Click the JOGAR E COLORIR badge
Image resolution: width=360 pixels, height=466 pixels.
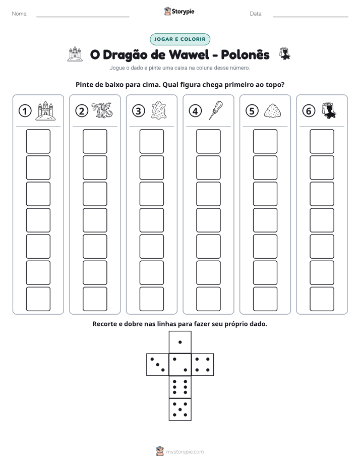coord(179,39)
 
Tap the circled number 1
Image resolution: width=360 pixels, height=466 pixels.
coord(25,111)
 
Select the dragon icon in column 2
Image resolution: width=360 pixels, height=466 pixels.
coord(102,110)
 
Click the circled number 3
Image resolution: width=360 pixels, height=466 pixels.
coord(139,111)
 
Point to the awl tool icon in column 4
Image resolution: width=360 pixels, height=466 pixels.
coord(216,110)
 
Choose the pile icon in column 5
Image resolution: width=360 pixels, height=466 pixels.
coord(272,110)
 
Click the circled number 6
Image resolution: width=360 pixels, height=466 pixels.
coord(309,111)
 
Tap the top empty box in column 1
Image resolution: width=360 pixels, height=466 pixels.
coord(38,141)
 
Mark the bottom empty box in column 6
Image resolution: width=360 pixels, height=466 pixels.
coord(322,299)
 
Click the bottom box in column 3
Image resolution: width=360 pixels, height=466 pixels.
coord(151,299)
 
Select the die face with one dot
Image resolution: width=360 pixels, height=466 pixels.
coord(180,342)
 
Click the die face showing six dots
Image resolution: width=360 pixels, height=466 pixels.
coord(180,387)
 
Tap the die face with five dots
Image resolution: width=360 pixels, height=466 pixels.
coord(180,410)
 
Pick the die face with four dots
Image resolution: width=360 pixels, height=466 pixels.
coord(203,365)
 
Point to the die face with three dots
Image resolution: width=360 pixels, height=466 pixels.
coord(158,365)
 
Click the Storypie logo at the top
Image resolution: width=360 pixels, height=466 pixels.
coord(179,11)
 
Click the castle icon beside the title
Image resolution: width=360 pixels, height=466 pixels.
coord(75,54)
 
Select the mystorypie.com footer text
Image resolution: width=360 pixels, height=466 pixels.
coord(185,452)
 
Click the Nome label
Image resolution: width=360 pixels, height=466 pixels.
coord(20,14)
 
